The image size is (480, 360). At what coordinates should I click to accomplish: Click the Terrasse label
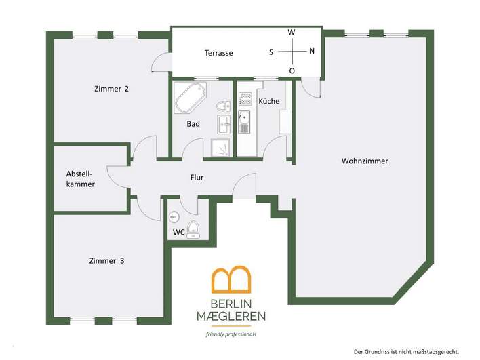pos(218,53)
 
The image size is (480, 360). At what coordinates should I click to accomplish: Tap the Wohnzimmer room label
pos(365,161)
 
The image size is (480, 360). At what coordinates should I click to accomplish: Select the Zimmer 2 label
pos(111,89)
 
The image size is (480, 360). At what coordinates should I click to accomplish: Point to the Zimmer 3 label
pos(106,261)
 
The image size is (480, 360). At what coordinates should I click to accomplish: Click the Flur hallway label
pos(197,177)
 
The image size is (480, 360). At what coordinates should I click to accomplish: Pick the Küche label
pos(268,101)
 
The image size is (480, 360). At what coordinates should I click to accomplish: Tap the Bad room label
pos(193,123)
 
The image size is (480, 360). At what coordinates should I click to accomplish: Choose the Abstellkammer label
pos(81,179)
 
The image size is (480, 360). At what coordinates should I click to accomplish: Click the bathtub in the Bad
pos(190,98)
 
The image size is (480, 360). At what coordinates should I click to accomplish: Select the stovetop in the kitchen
pos(245,99)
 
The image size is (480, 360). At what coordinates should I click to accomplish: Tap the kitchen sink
pos(244,122)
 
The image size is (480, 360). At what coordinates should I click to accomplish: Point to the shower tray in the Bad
pos(220,148)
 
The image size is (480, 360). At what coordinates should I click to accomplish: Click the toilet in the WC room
pos(193,230)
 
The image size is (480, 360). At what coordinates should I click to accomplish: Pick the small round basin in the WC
pos(174,217)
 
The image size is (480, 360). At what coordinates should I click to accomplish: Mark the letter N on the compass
pos(312,51)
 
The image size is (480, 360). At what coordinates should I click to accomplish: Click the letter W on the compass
pos(292,32)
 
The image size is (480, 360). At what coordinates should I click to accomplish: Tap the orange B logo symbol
pos(231,279)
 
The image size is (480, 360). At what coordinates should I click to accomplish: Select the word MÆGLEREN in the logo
pos(231,316)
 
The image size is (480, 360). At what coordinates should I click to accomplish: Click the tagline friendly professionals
pos(231,334)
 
